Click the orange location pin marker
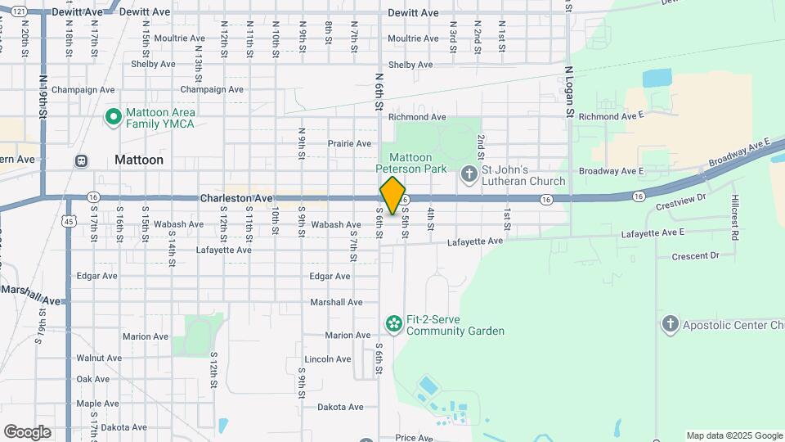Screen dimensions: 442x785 [393, 196]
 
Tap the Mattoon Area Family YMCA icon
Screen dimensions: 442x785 [114, 117]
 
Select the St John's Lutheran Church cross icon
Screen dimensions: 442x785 [469, 174]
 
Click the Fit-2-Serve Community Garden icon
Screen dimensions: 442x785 [393, 325]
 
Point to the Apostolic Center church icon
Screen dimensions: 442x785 [671, 325]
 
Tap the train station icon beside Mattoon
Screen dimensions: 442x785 [82, 160]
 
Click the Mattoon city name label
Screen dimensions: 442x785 [139, 160]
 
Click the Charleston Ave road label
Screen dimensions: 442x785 [236, 198]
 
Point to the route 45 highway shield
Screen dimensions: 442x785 [70, 221]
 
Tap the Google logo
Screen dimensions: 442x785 [27, 431]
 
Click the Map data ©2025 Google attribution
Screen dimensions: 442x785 [733, 435]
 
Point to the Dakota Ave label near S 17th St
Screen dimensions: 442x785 [123, 427]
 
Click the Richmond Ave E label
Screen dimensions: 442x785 [612, 116]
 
